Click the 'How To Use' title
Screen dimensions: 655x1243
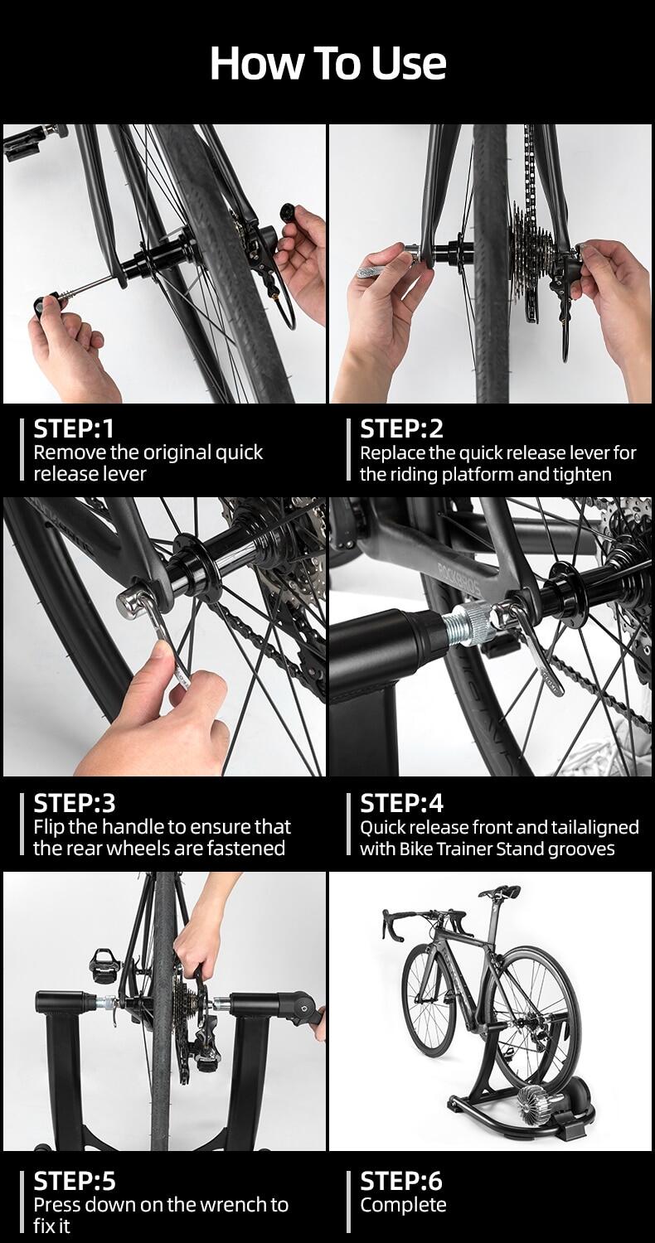[x=328, y=63]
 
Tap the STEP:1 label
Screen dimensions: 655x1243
[x=73, y=428]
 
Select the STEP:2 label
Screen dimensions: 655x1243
[x=401, y=428]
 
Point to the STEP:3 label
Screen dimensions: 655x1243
[x=75, y=803]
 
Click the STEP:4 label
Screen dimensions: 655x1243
[x=402, y=803]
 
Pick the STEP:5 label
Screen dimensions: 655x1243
[x=75, y=1181]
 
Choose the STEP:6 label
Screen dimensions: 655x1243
[x=401, y=1181]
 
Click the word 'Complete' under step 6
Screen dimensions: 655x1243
[x=403, y=1205]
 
